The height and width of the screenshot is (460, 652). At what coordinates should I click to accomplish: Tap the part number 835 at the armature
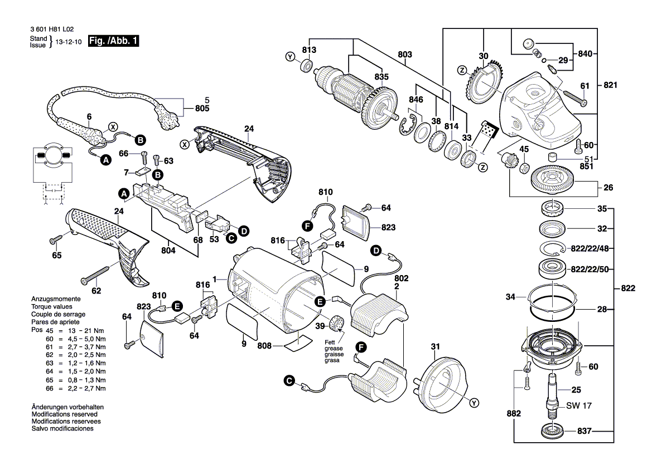(381, 77)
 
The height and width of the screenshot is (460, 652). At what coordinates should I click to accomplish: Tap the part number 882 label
(514, 414)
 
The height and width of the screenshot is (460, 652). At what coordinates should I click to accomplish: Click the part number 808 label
(264, 346)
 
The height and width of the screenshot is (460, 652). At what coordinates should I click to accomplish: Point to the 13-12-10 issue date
(67, 41)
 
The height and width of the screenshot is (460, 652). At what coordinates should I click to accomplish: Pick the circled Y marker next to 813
(289, 57)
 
